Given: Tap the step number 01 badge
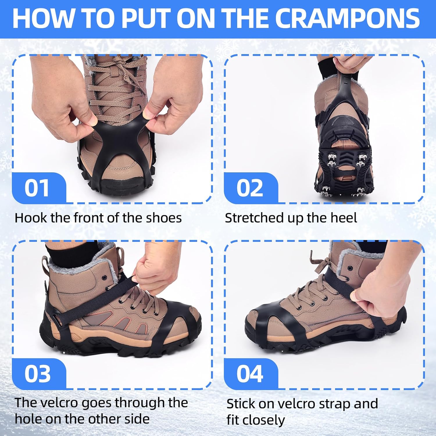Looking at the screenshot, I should tap(37, 188).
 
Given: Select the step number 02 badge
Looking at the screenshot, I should tap(250, 188).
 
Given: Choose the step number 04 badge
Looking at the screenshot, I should tap(250, 374).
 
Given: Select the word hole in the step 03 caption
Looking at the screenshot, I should tap(28, 419).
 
